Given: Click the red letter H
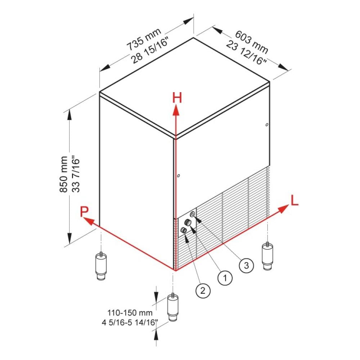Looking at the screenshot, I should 176,98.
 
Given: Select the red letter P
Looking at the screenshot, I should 85,211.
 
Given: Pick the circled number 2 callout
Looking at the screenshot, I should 202,290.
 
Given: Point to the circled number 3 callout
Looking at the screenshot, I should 246,266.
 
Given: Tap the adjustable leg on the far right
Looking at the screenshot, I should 267,256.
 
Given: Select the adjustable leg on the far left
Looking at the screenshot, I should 101,266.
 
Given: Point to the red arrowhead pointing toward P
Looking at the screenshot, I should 88,221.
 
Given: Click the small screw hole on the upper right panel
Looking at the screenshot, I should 266,125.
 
